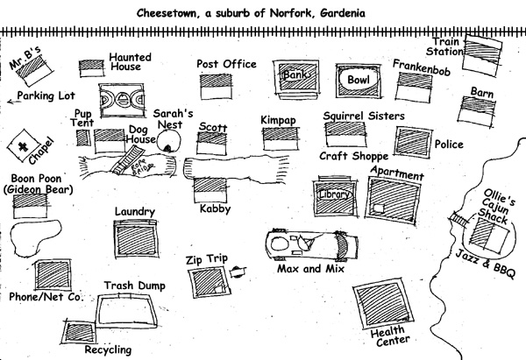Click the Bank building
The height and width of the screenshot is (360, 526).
(293, 76)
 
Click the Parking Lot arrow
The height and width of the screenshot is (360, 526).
(11, 101)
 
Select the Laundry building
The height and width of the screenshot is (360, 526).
(134, 238)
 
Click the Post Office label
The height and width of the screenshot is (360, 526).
(226, 64)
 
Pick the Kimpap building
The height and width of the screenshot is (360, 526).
(277, 138)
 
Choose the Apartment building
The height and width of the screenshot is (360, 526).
(387, 198)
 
